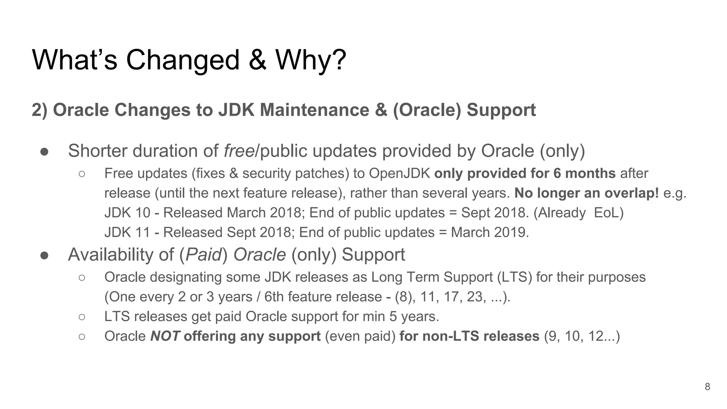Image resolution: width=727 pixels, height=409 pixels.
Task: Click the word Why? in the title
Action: click(311, 60)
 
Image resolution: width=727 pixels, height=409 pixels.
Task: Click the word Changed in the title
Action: click(183, 60)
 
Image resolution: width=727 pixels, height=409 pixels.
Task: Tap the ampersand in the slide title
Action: click(257, 60)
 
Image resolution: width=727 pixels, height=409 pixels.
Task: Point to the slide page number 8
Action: click(707, 387)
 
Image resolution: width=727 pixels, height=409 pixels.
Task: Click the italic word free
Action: click(239, 151)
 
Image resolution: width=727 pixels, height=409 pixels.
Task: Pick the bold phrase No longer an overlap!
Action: click(586, 193)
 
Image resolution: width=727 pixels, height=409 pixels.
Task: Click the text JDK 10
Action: click(127, 213)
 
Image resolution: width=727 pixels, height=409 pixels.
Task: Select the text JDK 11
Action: click(127, 233)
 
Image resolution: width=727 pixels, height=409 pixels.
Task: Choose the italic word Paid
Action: click(203, 255)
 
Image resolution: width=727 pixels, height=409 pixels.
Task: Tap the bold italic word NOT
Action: click(165, 336)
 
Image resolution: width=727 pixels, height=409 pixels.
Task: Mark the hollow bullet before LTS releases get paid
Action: click(82, 317)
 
